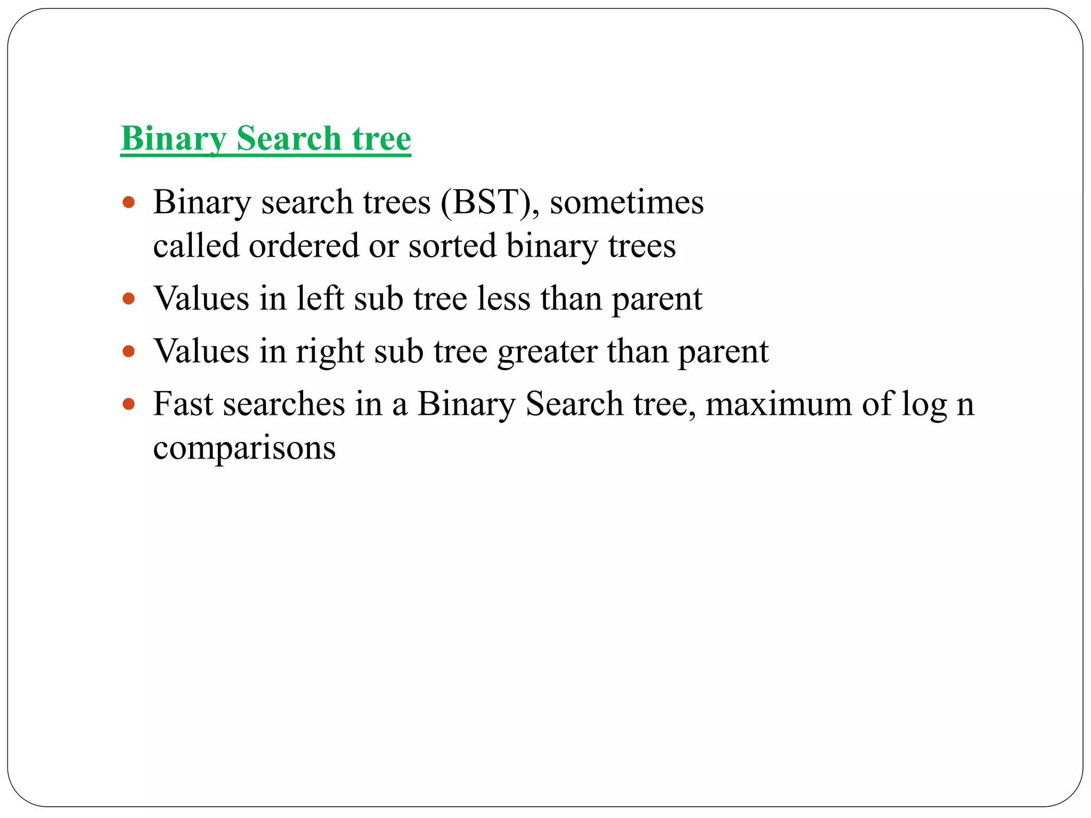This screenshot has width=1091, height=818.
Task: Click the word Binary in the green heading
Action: pos(174,139)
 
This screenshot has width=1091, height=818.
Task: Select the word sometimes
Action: pos(626,203)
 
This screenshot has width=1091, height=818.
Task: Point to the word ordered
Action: pos(304,246)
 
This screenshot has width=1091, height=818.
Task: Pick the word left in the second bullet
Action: pos(320,298)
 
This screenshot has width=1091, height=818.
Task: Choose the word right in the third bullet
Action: pos(330,353)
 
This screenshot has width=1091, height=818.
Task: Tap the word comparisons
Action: pos(245,448)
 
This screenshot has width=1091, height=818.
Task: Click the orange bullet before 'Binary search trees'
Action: pos(128,203)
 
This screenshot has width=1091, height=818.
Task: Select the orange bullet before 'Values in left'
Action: pos(128,299)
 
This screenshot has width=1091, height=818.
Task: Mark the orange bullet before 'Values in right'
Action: pos(128,351)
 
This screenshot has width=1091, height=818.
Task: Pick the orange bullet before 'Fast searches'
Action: pos(128,404)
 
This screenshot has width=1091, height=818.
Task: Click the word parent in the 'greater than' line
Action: pos(723,353)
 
